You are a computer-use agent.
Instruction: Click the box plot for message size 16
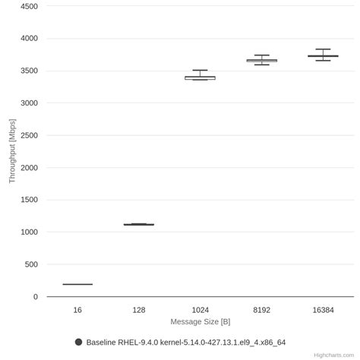coord(77,284)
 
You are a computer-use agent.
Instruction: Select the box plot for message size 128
coord(139,224)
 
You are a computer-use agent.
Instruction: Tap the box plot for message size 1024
coord(201,77)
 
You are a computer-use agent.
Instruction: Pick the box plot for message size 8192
coord(262,60)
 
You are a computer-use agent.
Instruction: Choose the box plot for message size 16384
coord(324,56)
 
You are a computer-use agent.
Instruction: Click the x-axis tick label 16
coord(77,310)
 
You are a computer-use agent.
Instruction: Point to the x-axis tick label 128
coord(139,310)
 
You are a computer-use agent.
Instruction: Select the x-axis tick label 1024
coord(201,310)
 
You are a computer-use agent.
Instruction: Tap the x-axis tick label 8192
coord(262,310)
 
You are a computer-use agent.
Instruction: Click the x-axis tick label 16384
coord(324,310)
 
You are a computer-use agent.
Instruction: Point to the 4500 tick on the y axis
coord(28,6)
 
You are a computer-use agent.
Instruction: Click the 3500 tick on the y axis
coord(28,71)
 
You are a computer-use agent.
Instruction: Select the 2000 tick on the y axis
coord(28,168)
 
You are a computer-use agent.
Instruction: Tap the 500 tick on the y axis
coord(31,264)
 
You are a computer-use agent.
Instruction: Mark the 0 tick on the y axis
coord(35,297)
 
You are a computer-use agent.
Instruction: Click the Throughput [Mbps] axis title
coord(11,151)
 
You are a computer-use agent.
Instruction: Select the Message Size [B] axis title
coord(201,321)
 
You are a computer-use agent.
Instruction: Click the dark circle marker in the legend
coord(78,342)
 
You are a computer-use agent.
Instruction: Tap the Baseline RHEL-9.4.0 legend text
coord(185,343)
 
